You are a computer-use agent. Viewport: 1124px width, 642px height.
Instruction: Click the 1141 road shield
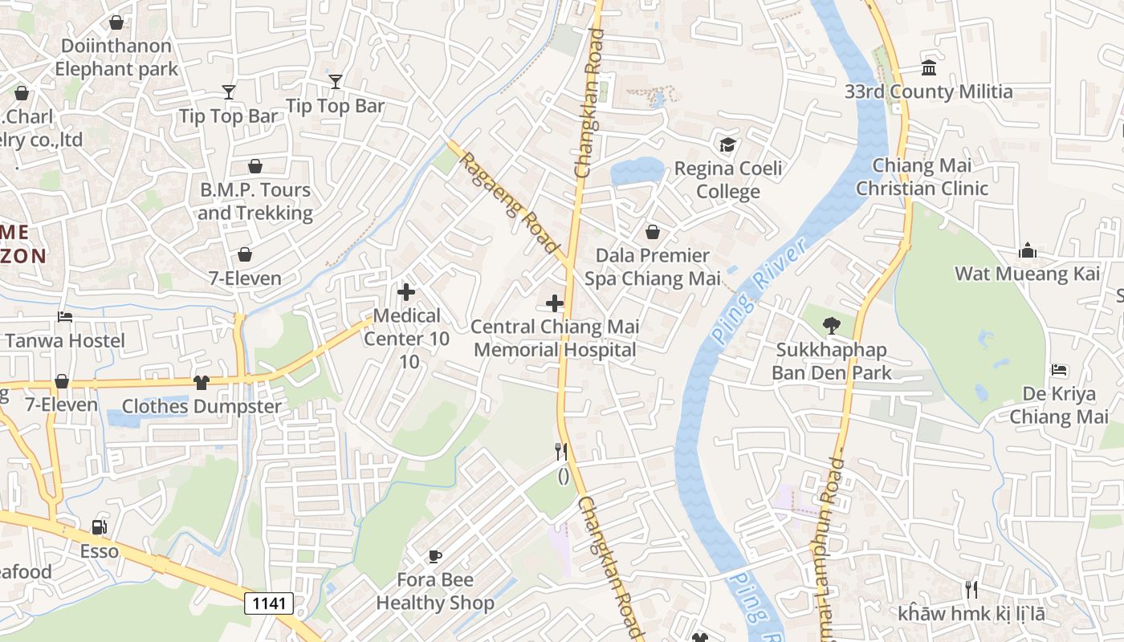pyautogui.click(x=269, y=603)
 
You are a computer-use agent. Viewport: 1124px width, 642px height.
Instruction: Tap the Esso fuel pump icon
pyautogui.click(x=100, y=527)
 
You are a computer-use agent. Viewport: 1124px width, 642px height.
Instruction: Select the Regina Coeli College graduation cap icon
pyautogui.click(x=727, y=144)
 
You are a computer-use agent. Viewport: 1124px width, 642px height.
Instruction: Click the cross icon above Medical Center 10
pyautogui.click(x=406, y=292)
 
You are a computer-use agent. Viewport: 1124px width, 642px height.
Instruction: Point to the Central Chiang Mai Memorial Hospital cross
pyautogui.click(x=554, y=303)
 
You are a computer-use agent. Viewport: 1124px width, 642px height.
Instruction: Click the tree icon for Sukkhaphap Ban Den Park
pyautogui.click(x=831, y=326)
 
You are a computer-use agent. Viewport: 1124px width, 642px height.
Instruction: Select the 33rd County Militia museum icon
pyautogui.click(x=929, y=67)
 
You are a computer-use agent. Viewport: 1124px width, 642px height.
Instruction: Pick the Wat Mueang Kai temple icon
pyautogui.click(x=1027, y=251)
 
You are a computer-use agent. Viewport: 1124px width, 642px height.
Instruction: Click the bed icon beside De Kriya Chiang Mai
pyautogui.click(x=1059, y=370)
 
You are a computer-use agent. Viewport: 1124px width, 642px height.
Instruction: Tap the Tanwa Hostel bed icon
pyautogui.click(x=65, y=317)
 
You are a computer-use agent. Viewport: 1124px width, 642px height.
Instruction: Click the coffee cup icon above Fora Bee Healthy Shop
pyautogui.click(x=434, y=555)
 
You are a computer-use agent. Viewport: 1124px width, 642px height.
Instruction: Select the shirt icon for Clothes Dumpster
pyautogui.click(x=201, y=383)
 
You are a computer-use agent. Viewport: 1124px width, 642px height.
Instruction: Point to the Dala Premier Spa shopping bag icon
pyautogui.click(x=653, y=232)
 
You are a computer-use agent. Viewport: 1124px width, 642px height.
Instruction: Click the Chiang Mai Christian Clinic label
pyautogui.click(x=922, y=177)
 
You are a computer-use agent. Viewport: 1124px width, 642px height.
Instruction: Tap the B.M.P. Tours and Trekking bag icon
pyautogui.click(x=255, y=166)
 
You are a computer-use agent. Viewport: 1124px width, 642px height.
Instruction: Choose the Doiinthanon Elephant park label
pyautogui.click(x=116, y=57)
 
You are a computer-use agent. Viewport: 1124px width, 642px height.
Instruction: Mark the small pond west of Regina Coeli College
pyautogui.click(x=637, y=171)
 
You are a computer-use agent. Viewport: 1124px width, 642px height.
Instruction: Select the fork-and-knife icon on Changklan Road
pyautogui.click(x=561, y=451)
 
